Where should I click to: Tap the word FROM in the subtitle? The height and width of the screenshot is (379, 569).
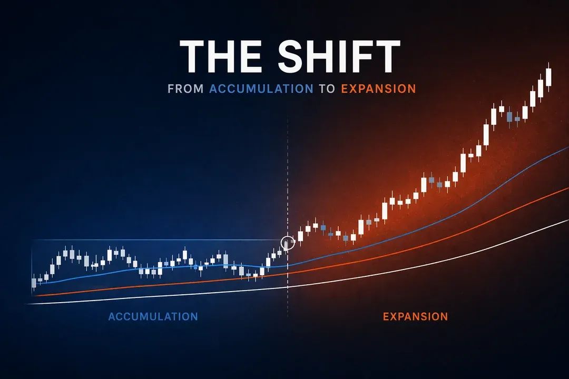pyautogui.click(x=185, y=88)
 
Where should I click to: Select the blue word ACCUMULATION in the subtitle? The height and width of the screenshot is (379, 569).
pyautogui.click(x=261, y=88)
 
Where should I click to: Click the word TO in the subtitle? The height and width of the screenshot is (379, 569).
pyautogui.click(x=327, y=88)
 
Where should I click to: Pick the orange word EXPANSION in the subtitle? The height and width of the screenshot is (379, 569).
pyautogui.click(x=378, y=88)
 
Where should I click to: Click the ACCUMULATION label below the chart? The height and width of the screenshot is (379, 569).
pyautogui.click(x=153, y=316)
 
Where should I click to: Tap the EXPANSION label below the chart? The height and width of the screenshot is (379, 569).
pyautogui.click(x=415, y=316)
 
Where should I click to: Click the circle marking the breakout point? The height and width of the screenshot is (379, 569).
pyautogui.click(x=288, y=243)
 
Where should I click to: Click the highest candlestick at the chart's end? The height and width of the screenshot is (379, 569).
pyautogui.click(x=548, y=77)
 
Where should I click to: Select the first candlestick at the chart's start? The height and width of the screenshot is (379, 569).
pyautogui.click(x=34, y=283)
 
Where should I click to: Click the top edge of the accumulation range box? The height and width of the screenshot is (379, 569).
pyautogui.click(x=158, y=241)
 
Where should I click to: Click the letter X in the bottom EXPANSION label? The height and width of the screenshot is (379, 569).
pyautogui.click(x=394, y=316)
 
